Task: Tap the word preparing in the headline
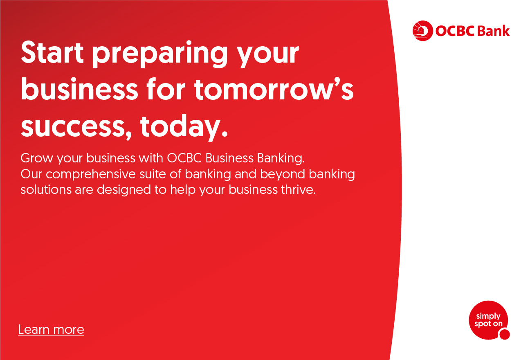tap(160, 54)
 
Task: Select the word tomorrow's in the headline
tap(274, 89)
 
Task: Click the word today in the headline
tap(184, 128)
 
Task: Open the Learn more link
tap(51, 329)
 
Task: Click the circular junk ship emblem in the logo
tap(422, 31)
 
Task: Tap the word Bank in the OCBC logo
tap(494, 31)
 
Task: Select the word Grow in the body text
tap(37, 158)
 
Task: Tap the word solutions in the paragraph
tap(46, 189)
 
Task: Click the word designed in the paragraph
tap(124, 190)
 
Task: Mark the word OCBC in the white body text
tap(184, 158)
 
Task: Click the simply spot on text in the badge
tap(488, 320)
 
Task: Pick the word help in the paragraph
tap(183, 190)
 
